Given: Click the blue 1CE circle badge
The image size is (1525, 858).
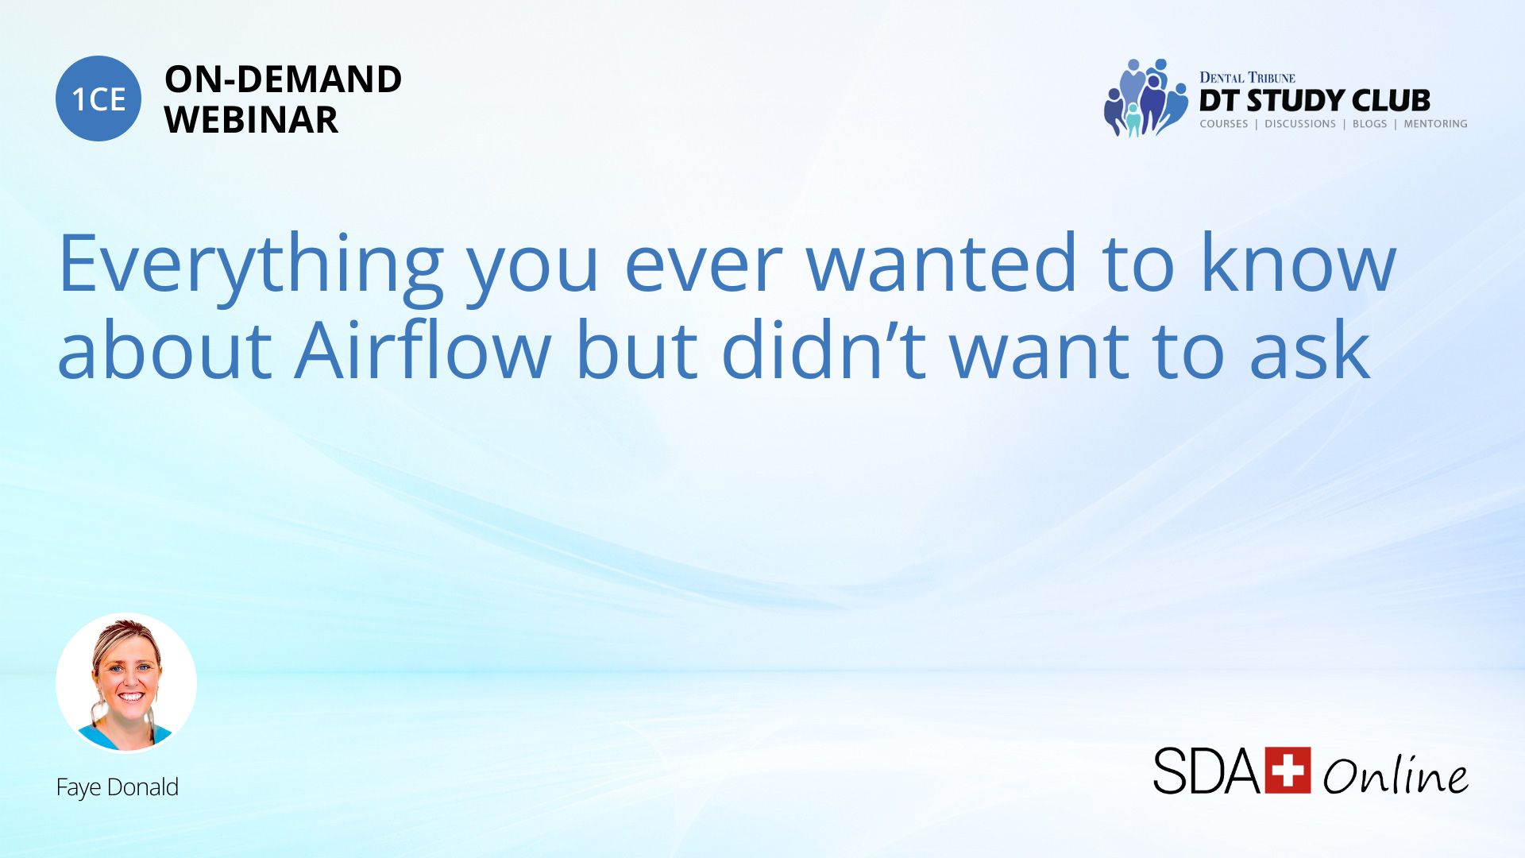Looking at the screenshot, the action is pyautogui.click(x=98, y=99).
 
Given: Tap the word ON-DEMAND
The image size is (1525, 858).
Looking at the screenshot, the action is pyautogui.click(x=283, y=79).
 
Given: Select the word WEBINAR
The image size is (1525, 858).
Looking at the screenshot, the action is pyautogui.click(x=251, y=120).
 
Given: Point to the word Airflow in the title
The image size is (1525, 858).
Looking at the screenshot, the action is pyautogui.click(x=423, y=350).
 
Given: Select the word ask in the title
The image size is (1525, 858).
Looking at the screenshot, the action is pyautogui.click(x=1310, y=350).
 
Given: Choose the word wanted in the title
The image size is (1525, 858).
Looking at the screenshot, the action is pyautogui.click(x=942, y=262).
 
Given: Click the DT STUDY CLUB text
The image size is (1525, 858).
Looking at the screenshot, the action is pyautogui.click(x=1315, y=101).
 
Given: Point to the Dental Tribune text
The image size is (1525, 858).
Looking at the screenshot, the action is pyautogui.click(x=1247, y=77).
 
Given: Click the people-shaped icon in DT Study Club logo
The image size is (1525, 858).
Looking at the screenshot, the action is pyautogui.click(x=1146, y=98).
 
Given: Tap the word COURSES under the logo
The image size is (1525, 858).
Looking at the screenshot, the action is pyautogui.click(x=1223, y=124).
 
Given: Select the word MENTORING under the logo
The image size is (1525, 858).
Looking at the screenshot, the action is pyautogui.click(x=1435, y=124).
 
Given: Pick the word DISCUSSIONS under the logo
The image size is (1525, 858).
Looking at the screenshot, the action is pyautogui.click(x=1300, y=124).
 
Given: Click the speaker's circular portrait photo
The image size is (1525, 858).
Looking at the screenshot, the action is pyautogui.click(x=126, y=682).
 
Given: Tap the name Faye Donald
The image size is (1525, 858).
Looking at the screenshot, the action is pyautogui.click(x=118, y=787).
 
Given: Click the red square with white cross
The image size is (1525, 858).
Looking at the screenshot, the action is pyautogui.click(x=1288, y=770).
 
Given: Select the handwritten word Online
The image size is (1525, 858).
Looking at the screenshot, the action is pyautogui.click(x=1396, y=773).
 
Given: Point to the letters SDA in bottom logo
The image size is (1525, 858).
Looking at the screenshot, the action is pyautogui.click(x=1206, y=771).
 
